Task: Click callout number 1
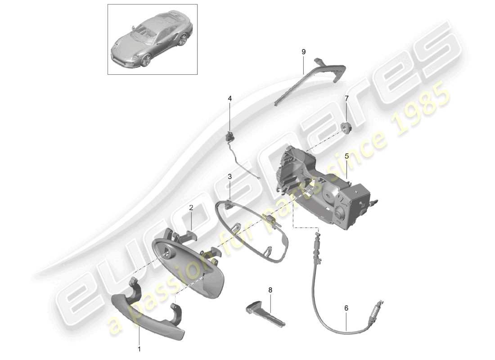click(139, 348)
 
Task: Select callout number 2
click(191, 208)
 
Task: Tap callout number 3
click(229, 177)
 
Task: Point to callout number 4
click(229, 98)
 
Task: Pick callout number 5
click(347, 156)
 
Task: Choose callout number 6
click(346, 308)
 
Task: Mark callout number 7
click(346, 98)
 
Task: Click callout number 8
click(270, 290)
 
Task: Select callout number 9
click(303, 52)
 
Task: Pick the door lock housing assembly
click(324, 184)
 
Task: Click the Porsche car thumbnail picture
click(152, 39)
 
